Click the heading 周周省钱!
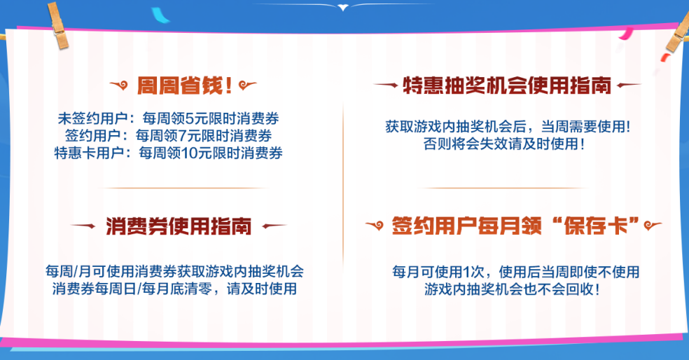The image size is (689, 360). (x=185, y=86)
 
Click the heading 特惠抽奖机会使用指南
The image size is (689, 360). (x=508, y=85)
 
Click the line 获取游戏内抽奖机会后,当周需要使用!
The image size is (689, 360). (x=507, y=127)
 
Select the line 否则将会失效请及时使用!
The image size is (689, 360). (x=503, y=145)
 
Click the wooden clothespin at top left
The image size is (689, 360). (x=59, y=26)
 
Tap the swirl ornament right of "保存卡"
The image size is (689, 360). (x=653, y=226)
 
